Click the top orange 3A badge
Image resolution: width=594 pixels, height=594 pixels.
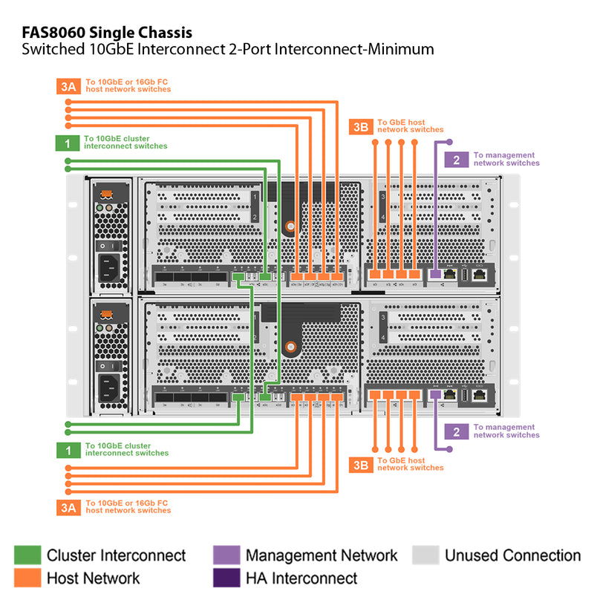click(x=68, y=85)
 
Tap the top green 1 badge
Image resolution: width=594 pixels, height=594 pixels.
click(x=68, y=143)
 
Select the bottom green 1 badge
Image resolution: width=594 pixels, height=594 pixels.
click(x=68, y=449)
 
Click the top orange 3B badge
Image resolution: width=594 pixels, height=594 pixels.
click(x=361, y=126)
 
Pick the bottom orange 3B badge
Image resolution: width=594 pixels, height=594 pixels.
click(x=361, y=465)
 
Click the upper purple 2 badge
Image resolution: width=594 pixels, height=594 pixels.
click(x=456, y=159)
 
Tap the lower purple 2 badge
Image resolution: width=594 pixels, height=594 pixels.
click(x=456, y=431)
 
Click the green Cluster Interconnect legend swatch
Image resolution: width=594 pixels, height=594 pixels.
click(x=27, y=555)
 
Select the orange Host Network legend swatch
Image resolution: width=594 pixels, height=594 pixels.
click(x=27, y=577)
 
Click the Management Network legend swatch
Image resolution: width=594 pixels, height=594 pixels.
click(x=226, y=555)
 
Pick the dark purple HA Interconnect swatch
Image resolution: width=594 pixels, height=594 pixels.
click(x=226, y=577)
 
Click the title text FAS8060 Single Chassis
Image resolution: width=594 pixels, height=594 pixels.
click(x=107, y=33)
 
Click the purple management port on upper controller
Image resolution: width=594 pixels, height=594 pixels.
click(x=437, y=275)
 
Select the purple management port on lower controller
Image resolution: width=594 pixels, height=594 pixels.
click(x=437, y=396)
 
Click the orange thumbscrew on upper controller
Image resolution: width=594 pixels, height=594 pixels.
click(x=291, y=226)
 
